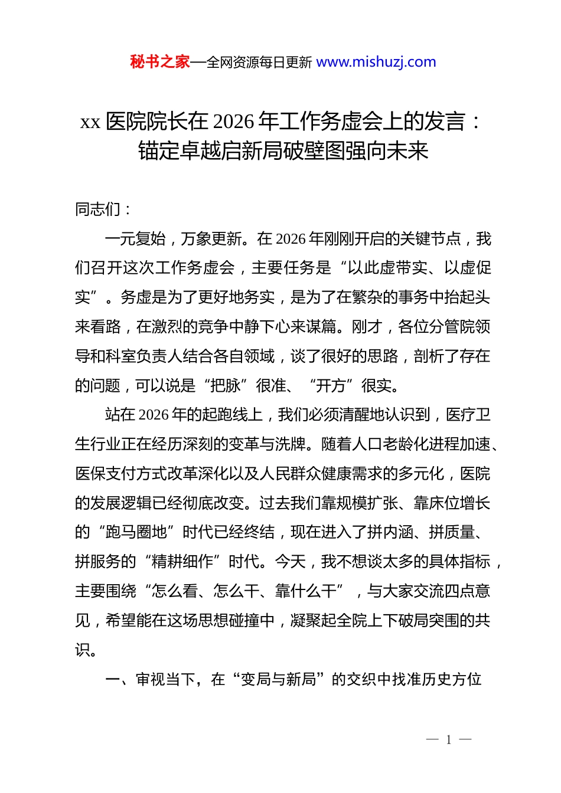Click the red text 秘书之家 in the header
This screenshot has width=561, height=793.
coord(159,62)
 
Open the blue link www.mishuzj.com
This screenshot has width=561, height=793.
coord(376,62)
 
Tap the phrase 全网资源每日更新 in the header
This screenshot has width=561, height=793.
coord(259,63)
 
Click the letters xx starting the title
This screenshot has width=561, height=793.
coord(90,122)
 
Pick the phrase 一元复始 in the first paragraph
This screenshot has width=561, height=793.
coord(135,238)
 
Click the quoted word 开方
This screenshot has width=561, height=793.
coord(331,386)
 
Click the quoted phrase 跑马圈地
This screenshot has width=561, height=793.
coord(136,532)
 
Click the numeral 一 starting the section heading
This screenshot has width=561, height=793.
coord(112,680)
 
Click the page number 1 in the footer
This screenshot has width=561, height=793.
coord(449,740)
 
